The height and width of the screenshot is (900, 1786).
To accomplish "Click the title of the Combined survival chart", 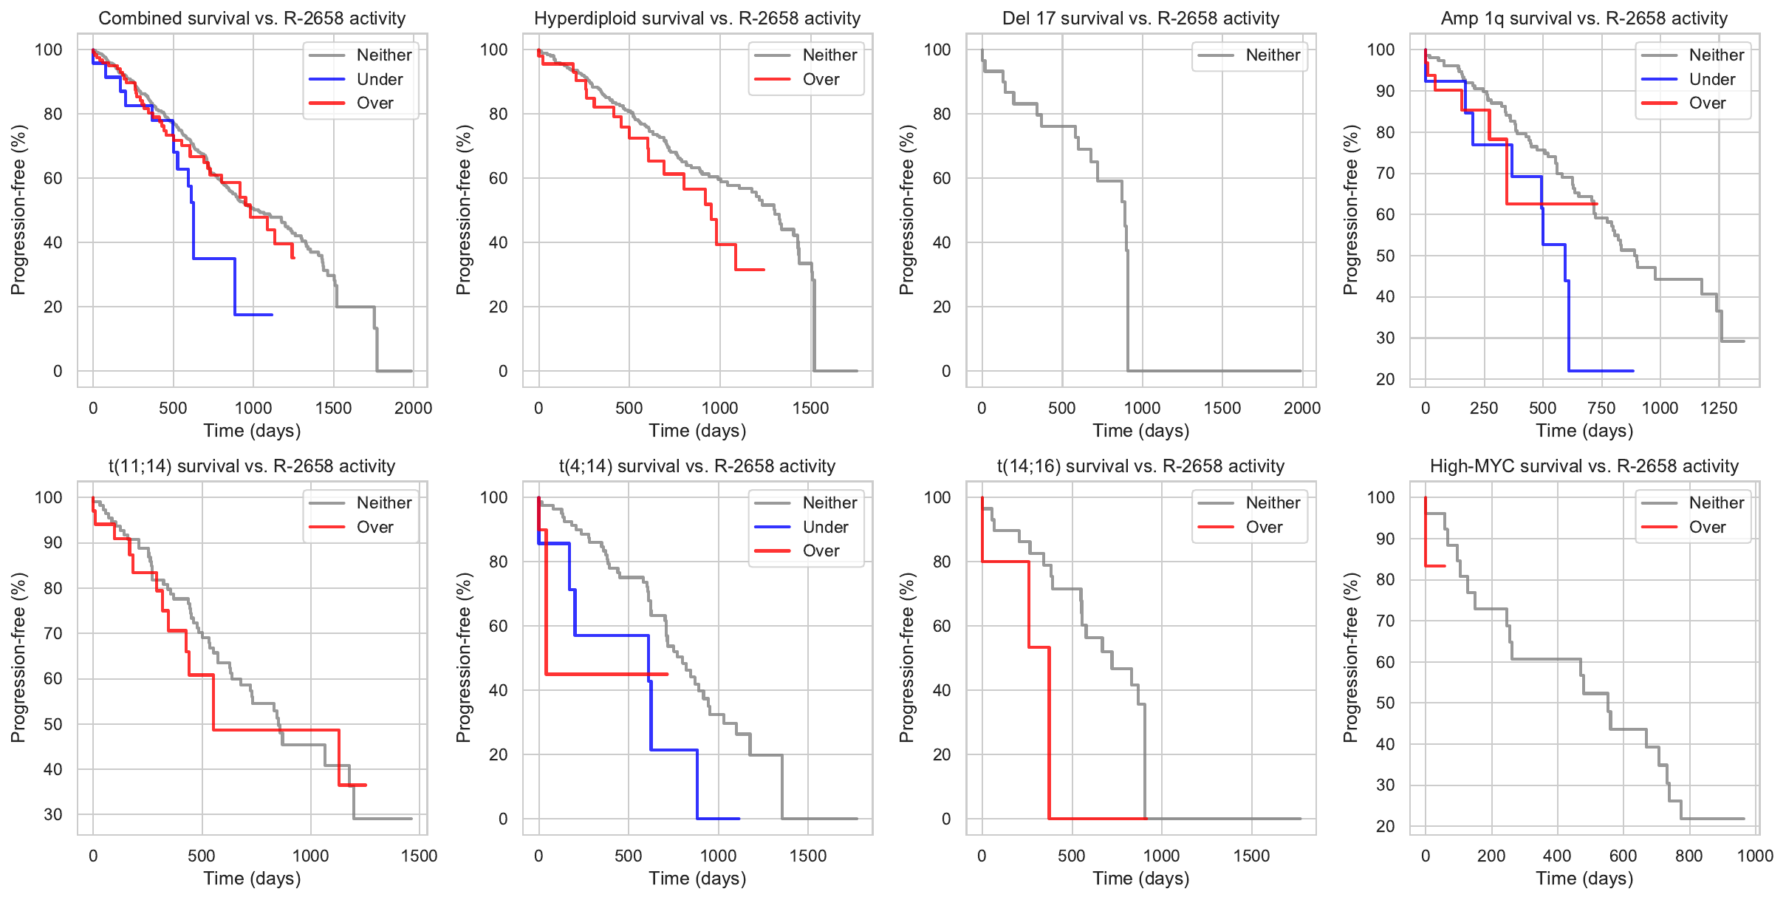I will (252, 18).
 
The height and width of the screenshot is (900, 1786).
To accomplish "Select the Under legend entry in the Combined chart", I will (380, 79).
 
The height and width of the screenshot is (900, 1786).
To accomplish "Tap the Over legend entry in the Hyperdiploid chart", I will (821, 79).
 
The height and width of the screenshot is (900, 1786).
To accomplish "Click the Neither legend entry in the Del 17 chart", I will (1273, 55).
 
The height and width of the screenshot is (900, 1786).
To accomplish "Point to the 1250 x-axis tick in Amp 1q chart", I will (1718, 408).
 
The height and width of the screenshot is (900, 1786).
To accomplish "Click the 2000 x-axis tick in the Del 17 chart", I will (1301, 408).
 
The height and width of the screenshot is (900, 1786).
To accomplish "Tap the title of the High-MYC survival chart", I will (1584, 466).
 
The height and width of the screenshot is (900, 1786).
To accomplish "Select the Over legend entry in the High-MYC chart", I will (1707, 527).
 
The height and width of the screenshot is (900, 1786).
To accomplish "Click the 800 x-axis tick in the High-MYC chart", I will (1689, 856).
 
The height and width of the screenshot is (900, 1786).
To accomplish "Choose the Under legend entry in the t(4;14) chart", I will (825, 527).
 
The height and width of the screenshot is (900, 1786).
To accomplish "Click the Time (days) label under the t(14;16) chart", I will (1140, 879).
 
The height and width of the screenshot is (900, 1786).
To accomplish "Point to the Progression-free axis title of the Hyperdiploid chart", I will (464, 210).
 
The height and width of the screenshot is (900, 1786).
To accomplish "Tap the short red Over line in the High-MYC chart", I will (1435, 566).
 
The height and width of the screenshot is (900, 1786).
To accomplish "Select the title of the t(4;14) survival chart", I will (697, 466).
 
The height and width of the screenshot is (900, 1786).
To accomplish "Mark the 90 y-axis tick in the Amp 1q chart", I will (1380, 91).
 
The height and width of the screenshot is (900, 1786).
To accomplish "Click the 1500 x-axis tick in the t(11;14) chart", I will (419, 856).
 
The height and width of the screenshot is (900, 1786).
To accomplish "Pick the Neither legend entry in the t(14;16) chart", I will (1273, 503).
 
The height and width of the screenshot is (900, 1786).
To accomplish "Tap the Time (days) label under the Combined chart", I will (252, 431).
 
